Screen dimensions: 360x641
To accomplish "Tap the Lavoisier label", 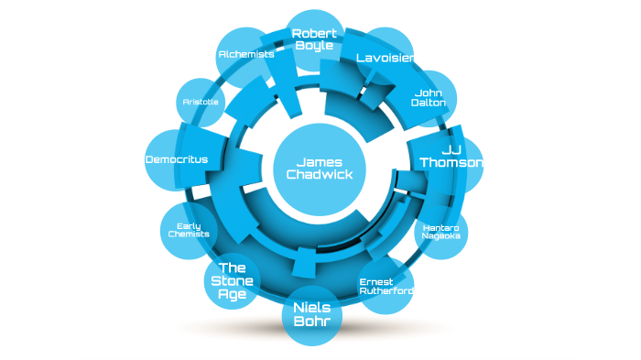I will point(386,59).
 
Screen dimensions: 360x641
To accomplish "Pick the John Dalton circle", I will point(429,97).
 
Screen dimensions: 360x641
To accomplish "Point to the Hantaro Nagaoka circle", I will point(440,231).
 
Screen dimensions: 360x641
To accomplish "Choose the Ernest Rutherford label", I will point(386,286).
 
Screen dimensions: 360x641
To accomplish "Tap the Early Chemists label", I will point(189,230).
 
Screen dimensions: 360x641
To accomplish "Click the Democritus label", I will point(177,159).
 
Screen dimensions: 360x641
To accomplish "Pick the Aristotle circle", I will point(201,103).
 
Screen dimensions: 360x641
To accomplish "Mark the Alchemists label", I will point(246,55).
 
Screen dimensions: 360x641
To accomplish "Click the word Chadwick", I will point(319,174).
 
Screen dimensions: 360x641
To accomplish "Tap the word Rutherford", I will point(386,291).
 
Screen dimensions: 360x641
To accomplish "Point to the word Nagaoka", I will point(440,236).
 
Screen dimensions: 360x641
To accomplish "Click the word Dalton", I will point(429,103).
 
